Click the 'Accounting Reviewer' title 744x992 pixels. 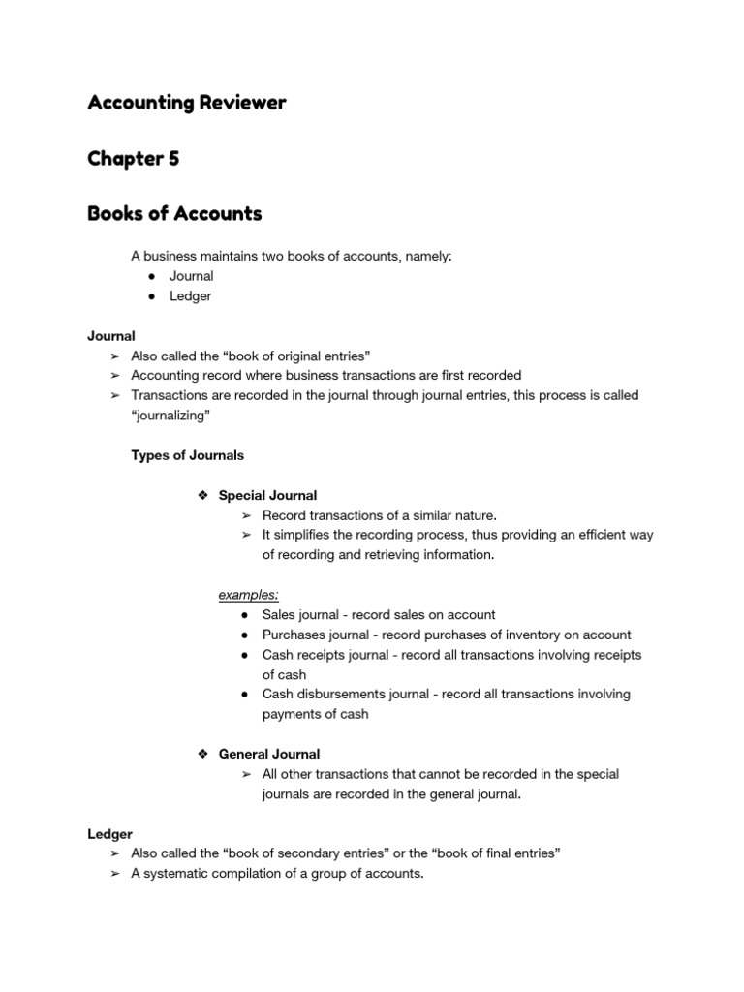point(187,103)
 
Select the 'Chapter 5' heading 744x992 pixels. point(133,158)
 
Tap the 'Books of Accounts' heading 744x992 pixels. point(174,213)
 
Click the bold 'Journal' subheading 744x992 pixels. point(111,336)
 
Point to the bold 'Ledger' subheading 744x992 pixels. point(109,833)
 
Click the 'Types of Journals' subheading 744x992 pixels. point(188,455)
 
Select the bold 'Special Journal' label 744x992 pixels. point(267,495)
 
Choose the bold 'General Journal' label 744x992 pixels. point(268,754)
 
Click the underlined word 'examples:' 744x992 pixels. point(248,594)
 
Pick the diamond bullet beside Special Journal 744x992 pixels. point(203,495)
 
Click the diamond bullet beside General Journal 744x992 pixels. point(203,754)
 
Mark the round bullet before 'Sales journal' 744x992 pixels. point(247,615)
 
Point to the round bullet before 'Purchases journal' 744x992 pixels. point(247,635)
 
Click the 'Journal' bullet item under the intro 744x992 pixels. point(191,276)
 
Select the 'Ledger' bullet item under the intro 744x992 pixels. point(190,296)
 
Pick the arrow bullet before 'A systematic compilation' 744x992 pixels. point(114,873)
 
